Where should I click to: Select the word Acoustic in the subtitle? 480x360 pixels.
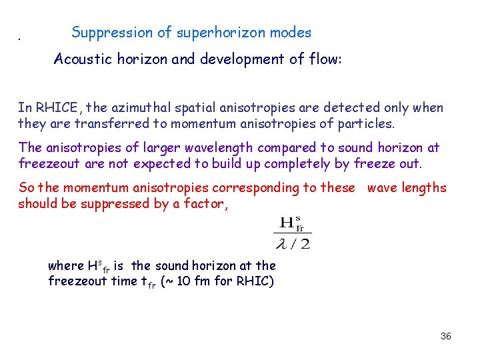(x=81, y=59)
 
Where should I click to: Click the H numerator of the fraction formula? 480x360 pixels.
(x=292, y=223)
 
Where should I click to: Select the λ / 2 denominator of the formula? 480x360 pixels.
(x=292, y=244)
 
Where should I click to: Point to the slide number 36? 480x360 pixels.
(x=446, y=336)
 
